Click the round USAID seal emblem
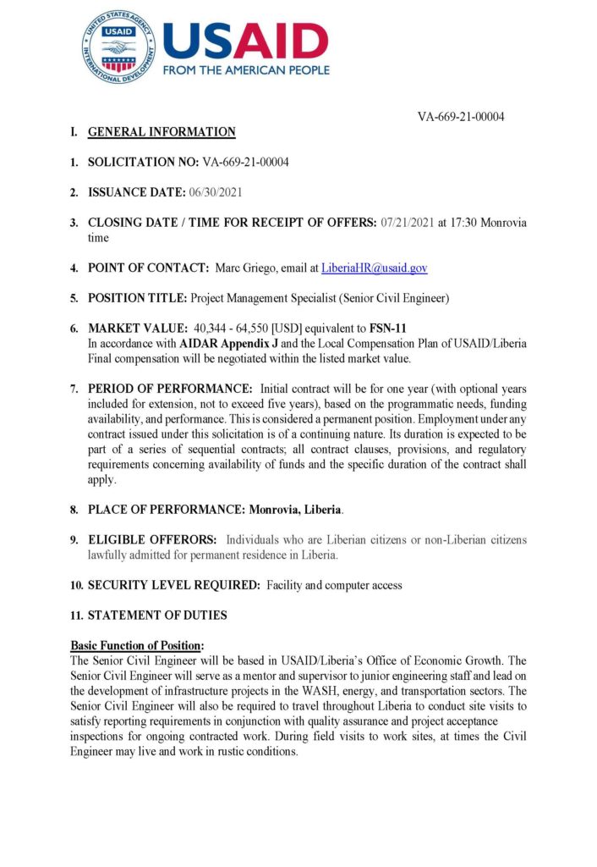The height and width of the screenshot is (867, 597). pyautogui.click(x=118, y=47)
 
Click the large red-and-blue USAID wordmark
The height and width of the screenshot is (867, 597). pyautogui.click(x=245, y=40)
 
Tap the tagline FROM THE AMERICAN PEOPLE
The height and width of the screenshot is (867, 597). pyautogui.click(x=246, y=69)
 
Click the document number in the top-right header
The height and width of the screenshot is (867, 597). pyautogui.click(x=461, y=117)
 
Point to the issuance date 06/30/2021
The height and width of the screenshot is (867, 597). pyautogui.click(x=216, y=192)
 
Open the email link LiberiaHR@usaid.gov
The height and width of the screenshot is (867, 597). pyautogui.click(x=374, y=268)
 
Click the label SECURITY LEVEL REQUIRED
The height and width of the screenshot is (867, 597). pyautogui.click(x=174, y=585)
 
